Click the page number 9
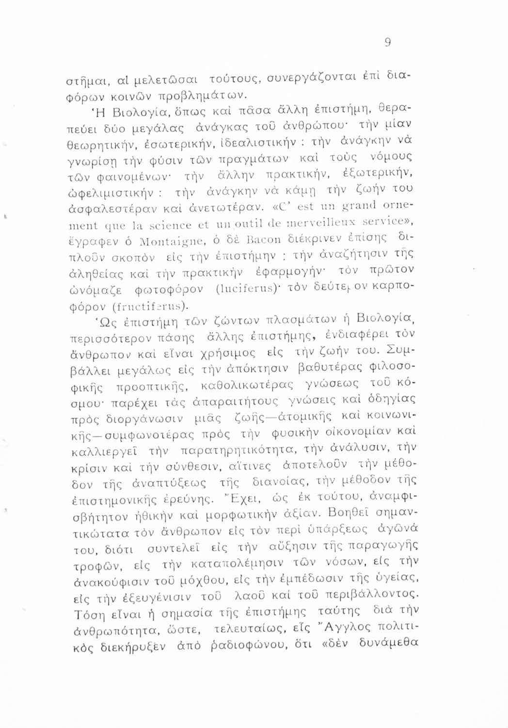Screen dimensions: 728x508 pyautogui.click(x=387, y=43)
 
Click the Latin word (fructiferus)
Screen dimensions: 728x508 pyautogui.click(x=152, y=307)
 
